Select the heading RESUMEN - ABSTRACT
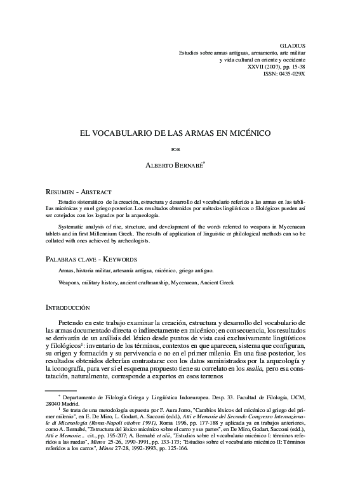pyautogui.click(x=79, y=191)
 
